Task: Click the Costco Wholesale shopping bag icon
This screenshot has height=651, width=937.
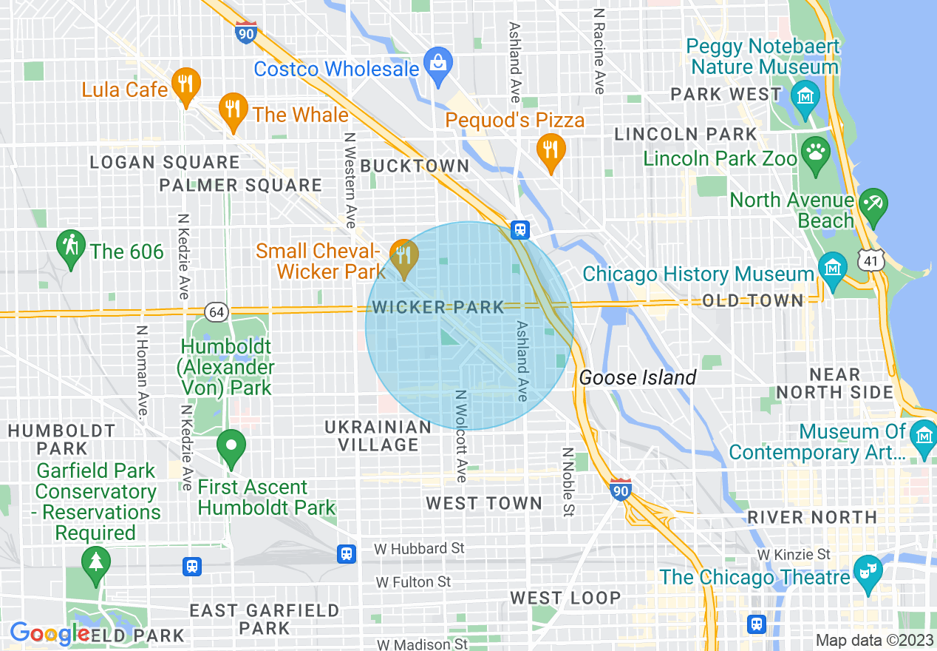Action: click(x=438, y=61)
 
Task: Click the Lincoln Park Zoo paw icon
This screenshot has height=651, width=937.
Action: click(x=816, y=153)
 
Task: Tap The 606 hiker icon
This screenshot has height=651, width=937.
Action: click(x=72, y=246)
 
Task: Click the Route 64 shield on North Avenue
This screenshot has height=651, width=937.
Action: click(x=216, y=312)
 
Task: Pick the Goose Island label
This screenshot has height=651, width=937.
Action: click(x=637, y=378)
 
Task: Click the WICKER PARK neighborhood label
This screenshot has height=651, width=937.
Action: click(x=439, y=307)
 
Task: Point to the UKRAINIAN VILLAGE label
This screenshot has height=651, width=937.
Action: click(x=378, y=436)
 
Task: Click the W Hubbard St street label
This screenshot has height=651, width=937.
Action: click(x=420, y=548)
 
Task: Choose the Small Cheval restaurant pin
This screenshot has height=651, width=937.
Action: click(x=403, y=256)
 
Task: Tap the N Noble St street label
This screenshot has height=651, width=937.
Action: click(x=568, y=482)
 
